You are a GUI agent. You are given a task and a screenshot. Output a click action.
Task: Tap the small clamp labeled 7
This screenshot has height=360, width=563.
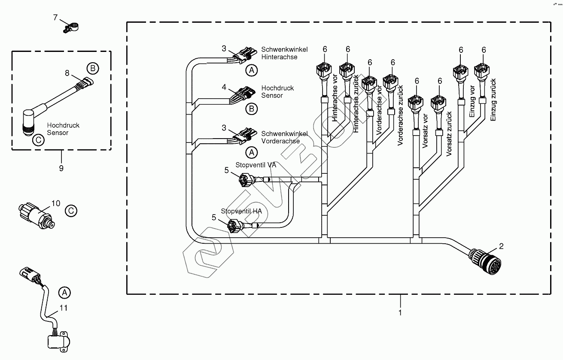tap(69, 27)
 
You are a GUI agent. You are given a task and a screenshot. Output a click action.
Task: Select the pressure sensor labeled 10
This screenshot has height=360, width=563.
tap(37, 214)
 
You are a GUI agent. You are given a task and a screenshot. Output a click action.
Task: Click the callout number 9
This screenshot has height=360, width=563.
tap(61, 168)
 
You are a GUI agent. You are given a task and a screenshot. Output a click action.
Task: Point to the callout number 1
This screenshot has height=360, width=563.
tap(400, 313)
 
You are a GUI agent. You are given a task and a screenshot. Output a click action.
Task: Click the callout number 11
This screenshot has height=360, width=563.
tap(64, 308)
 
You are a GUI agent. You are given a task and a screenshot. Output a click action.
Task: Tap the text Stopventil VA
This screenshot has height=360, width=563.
tap(256, 165)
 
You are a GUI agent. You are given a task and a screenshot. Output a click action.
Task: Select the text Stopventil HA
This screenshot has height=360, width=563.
tap(241, 211)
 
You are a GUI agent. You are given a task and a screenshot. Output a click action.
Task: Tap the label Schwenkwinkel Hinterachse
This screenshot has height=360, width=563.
tap(279, 53)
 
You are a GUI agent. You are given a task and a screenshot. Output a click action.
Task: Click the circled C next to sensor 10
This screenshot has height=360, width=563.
tap(71, 211)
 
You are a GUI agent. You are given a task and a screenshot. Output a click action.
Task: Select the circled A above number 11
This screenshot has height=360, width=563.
tap(64, 293)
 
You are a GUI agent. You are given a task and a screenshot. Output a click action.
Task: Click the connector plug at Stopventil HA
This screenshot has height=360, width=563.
tap(234, 224)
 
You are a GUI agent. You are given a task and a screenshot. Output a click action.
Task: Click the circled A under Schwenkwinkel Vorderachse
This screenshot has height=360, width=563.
tap(251, 152)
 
